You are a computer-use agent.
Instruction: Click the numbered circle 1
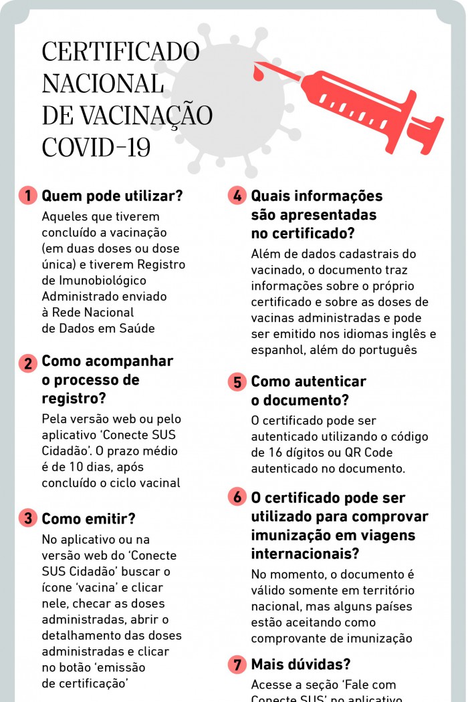(x=28, y=196)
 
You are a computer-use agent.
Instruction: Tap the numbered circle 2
(x=28, y=364)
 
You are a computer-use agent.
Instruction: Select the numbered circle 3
(x=28, y=519)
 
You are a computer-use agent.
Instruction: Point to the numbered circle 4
(x=237, y=196)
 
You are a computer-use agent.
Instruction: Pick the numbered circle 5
(x=237, y=383)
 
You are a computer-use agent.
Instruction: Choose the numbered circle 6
(x=237, y=498)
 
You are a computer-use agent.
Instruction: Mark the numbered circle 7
(x=237, y=665)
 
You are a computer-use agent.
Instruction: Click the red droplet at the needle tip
(x=259, y=69)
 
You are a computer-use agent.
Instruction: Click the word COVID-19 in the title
(x=96, y=147)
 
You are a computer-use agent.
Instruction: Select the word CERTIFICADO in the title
(x=120, y=52)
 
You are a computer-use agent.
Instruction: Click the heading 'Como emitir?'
(x=88, y=519)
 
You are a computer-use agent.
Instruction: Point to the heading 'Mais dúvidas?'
(x=301, y=665)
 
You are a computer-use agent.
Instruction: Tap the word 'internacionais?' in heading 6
(x=305, y=554)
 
